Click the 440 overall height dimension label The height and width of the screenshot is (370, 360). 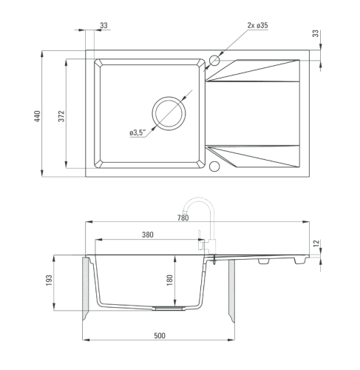point(37,116)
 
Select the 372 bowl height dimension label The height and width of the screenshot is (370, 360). point(61,116)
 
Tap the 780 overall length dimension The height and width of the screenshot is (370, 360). point(183,218)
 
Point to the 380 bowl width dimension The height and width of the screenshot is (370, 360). point(148,235)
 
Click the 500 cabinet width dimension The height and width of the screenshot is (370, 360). point(160,335)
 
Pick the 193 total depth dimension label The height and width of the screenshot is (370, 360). point(49,280)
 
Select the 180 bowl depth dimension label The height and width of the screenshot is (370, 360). point(170,280)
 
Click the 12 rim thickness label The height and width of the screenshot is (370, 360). point(316,243)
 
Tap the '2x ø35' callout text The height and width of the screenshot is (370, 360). point(257,25)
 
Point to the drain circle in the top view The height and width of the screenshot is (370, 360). point(169,97)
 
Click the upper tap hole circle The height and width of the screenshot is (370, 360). point(214,55)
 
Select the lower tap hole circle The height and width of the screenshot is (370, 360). point(214,161)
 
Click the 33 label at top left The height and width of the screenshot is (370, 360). point(104,25)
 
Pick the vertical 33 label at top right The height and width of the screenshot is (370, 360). point(316,33)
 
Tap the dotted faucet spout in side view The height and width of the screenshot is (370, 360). point(199,198)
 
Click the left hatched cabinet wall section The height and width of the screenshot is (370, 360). point(86,289)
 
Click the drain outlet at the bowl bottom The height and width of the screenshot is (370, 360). point(169,309)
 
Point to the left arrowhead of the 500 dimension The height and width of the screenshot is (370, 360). point(86,340)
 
